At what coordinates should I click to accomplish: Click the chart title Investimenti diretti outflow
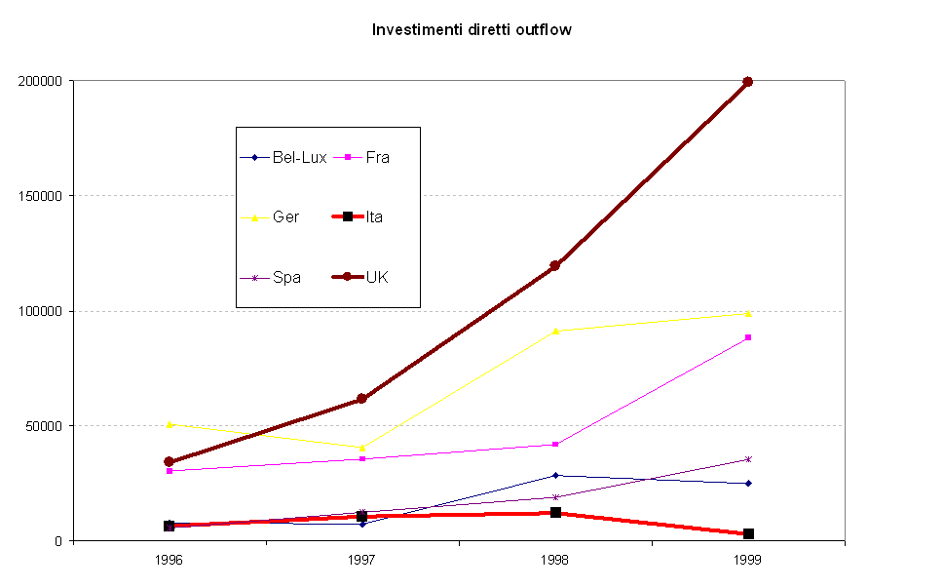(x=472, y=29)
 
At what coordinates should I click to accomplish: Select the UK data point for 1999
(x=747, y=82)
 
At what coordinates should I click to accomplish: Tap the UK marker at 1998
(x=554, y=265)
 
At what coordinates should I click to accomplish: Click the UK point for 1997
(x=361, y=399)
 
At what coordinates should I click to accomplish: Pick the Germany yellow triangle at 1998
(x=554, y=331)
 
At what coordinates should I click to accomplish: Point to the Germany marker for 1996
(x=169, y=424)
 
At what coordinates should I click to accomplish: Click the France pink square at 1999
(x=747, y=337)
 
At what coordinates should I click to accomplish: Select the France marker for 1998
(x=554, y=445)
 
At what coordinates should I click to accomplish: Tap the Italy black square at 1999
(x=747, y=533)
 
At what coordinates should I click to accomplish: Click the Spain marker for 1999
(x=747, y=459)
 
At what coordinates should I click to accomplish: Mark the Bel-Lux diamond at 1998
(x=554, y=475)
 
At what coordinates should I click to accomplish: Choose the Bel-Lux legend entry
(x=284, y=157)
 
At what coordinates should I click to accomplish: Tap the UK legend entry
(x=362, y=277)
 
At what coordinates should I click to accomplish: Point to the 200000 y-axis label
(x=40, y=81)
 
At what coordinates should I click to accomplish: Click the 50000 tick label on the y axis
(x=43, y=426)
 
